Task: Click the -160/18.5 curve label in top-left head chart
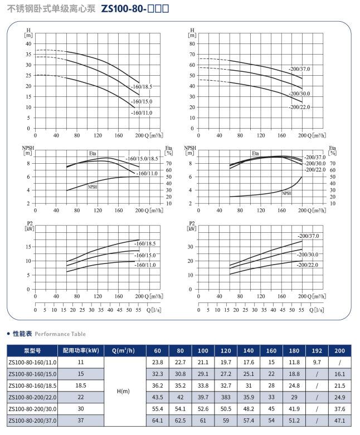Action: pos(142,87)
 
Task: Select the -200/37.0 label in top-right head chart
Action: pos(299,69)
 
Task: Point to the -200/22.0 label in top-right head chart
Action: pos(299,107)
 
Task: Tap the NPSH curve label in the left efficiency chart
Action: pos(93,187)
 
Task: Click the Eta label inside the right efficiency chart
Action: pos(255,153)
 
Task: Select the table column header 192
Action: pos(316,350)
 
